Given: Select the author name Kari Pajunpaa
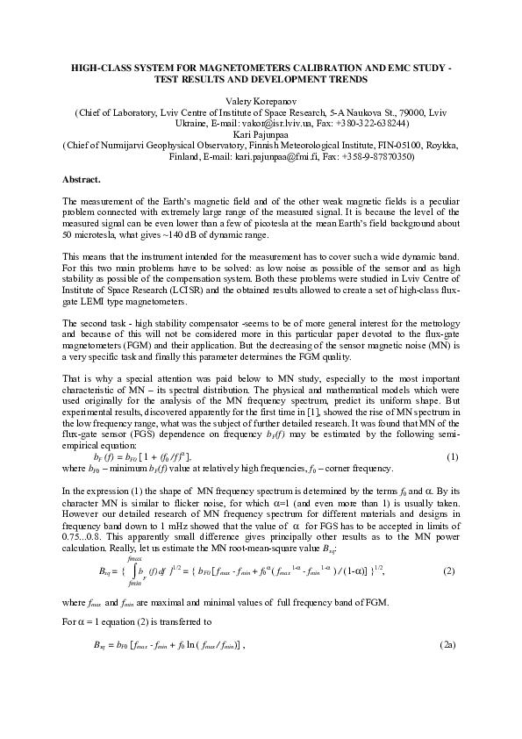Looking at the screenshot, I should [261, 135].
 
